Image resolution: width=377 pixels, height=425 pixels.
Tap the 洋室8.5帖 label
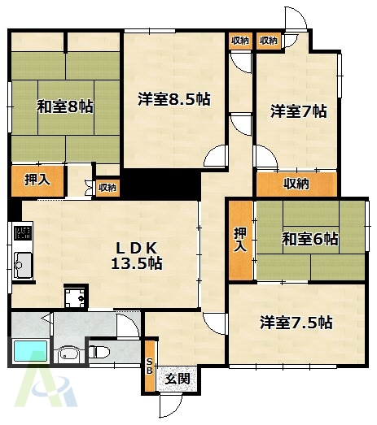[174, 99]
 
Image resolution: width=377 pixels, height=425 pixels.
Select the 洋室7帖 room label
[299, 111]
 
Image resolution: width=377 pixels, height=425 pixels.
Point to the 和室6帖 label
[310, 239]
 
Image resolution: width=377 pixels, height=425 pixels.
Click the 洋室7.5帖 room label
[296, 322]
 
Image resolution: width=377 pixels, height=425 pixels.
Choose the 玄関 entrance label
[178, 379]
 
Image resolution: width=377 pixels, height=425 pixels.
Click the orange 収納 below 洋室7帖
[296, 184]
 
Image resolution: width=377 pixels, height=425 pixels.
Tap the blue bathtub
[32, 353]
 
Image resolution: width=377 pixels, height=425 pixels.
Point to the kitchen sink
[22, 264]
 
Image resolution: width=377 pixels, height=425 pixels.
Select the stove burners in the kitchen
[22, 236]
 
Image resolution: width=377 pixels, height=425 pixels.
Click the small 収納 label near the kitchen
[107, 189]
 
